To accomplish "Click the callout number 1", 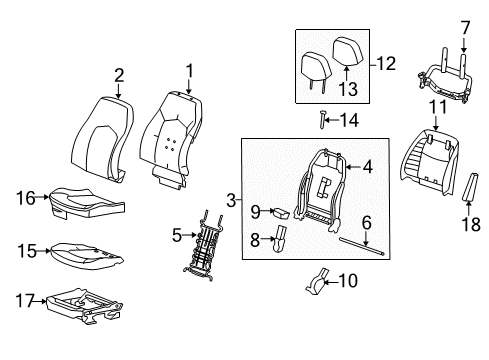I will (x=187, y=72).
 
